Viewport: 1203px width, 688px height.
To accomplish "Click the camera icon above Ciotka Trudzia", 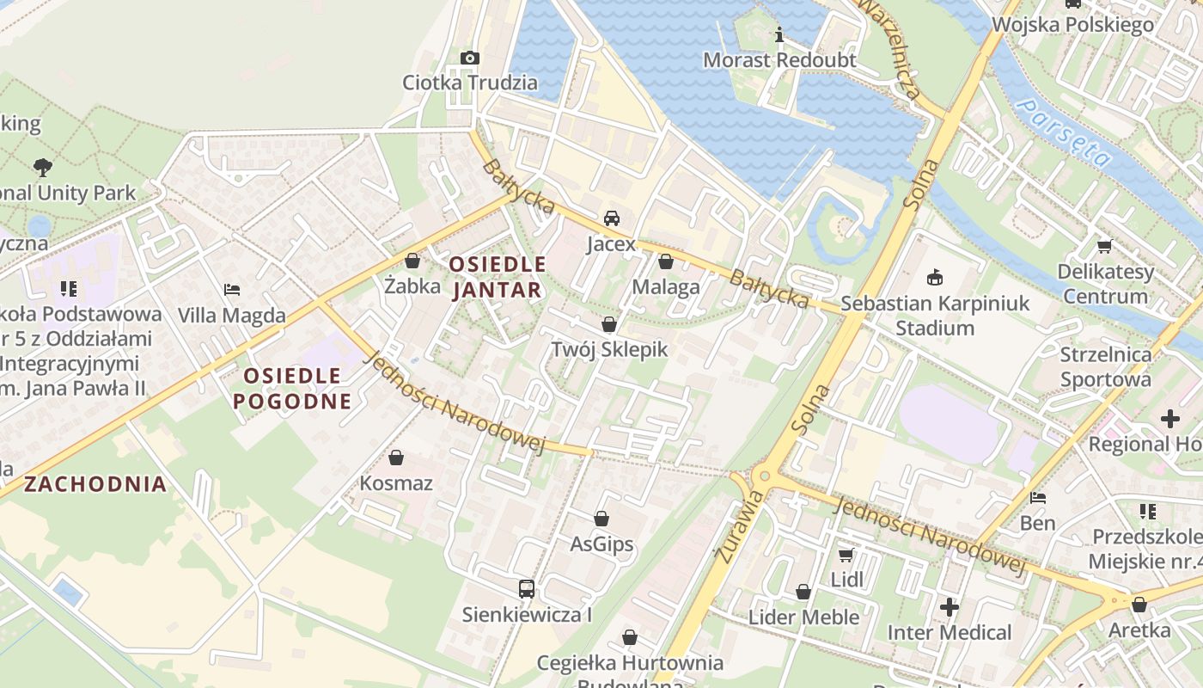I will tap(469, 58).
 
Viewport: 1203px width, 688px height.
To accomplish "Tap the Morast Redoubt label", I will tap(779, 60).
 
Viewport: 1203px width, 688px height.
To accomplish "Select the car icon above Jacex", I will tap(612, 218).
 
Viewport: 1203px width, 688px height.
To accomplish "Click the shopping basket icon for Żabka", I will tap(412, 260).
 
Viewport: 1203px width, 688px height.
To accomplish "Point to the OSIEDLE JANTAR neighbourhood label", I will tap(498, 277).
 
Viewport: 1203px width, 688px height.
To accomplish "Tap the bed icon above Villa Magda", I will tap(231, 290).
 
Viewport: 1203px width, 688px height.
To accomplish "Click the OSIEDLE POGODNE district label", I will tap(292, 388).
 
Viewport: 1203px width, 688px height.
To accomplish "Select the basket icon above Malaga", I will tap(665, 261).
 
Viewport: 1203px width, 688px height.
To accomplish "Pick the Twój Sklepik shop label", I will tap(609, 349).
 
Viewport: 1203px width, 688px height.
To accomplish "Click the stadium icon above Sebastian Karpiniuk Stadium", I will tap(934, 278).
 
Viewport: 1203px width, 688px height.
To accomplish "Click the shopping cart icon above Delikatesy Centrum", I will tap(1104, 247).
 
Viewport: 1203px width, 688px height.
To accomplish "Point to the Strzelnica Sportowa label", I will tap(1105, 367).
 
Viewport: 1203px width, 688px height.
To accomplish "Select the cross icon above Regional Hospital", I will tap(1169, 420).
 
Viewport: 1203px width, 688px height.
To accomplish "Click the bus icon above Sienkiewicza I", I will tap(527, 589).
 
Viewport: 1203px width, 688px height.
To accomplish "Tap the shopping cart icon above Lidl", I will tap(846, 555).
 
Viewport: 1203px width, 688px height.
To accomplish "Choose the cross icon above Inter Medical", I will tap(949, 607).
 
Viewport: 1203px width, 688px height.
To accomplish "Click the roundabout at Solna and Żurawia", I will tap(764, 476).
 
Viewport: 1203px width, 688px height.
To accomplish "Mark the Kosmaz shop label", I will tap(396, 482).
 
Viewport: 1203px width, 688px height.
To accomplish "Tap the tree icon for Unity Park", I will tap(42, 167).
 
